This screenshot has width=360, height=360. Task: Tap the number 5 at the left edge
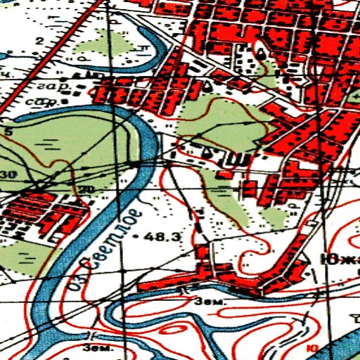pos(8,131)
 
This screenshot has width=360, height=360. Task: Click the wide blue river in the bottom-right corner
pos(337,345)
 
